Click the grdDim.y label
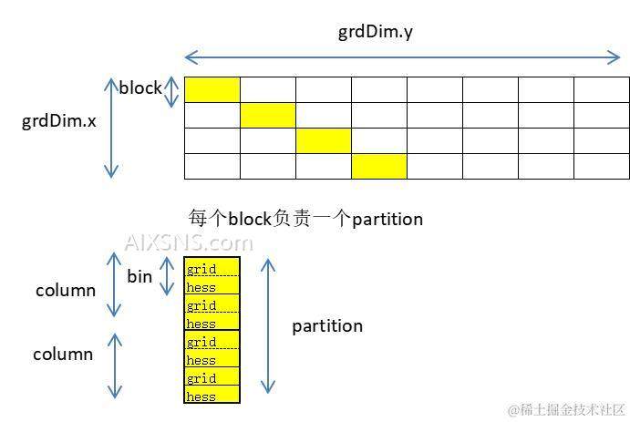click(x=377, y=33)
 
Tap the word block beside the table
click(x=140, y=88)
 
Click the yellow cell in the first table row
click(x=212, y=89)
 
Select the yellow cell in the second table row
click(x=268, y=115)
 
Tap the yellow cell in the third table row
click(x=324, y=140)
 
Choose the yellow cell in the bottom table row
click(x=379, y=166)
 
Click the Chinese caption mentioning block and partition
click(x=305, y=219)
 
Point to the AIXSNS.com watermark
click(x=188, y=242)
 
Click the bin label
click(x=139, y=276)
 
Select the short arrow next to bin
click(x=167, y=276)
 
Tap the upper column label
click(x=65, y=291)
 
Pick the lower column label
click(x=63, y=354)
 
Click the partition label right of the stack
click(x=327, y=325)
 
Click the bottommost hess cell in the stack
click(x=212, y=395)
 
